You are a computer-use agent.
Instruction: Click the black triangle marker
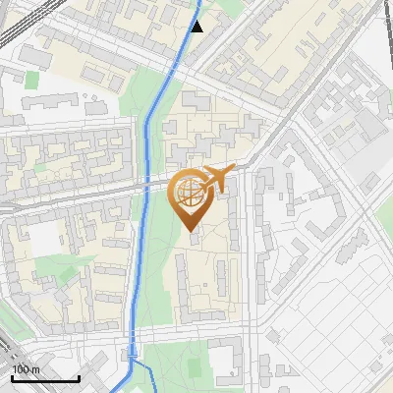click(197, 27)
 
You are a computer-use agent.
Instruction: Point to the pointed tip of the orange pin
click(189, 232)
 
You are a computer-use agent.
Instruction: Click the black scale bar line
click(45, 378)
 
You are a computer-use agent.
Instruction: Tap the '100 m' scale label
click(26, 369)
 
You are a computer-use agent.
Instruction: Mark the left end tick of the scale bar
click(12, 376)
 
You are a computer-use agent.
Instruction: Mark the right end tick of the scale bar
click(79, 376)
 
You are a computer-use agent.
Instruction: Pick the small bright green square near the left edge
click(31, 79)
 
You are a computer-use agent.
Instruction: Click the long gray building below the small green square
click(49, 101)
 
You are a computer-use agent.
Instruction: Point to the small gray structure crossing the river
click(132, 350)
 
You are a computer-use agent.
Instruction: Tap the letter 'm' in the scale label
click(35, 369)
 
